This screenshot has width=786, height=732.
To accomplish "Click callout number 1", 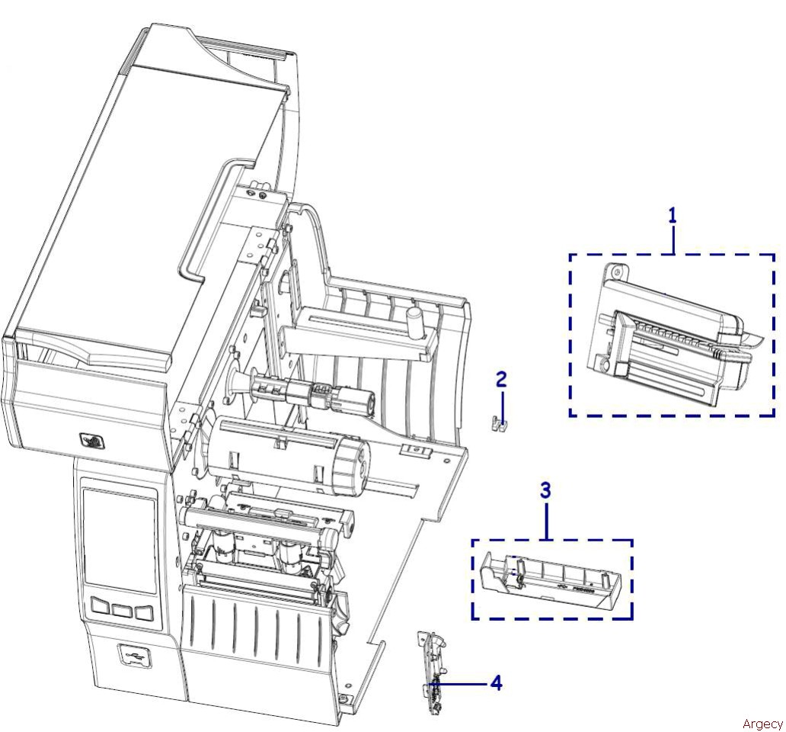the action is coord(673,216).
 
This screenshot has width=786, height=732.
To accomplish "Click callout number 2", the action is coord(501,379).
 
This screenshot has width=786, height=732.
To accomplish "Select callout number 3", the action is coord(546,490).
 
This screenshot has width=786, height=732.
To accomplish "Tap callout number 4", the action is coord(496,683).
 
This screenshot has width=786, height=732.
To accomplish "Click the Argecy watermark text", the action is coord(762,724).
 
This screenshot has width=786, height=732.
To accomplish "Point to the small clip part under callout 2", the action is coord(497,423).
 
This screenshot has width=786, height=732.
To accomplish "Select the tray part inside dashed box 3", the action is coord(551,580).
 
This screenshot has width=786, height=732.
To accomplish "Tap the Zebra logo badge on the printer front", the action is coord(92,441).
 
